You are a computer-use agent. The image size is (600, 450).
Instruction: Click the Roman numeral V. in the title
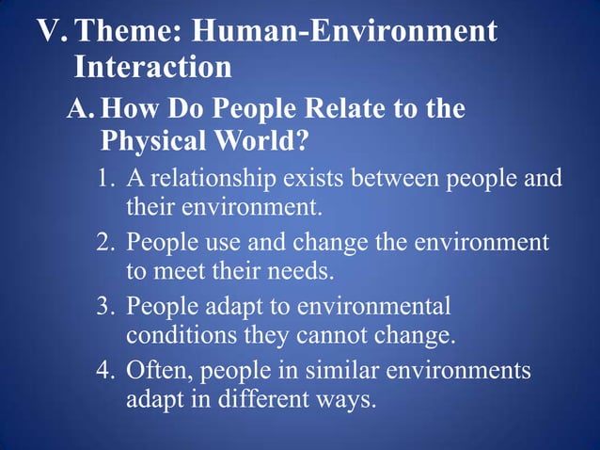(x=52, y=32)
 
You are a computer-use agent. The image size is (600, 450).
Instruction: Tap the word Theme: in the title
(x=127, y=32)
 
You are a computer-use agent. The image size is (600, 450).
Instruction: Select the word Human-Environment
(x=343, y=32)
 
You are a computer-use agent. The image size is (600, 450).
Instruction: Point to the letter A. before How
(x=82, y=109)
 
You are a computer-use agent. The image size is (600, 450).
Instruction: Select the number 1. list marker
(x=107, y=179)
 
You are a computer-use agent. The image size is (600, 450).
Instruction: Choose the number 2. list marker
(x=107, y=243)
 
